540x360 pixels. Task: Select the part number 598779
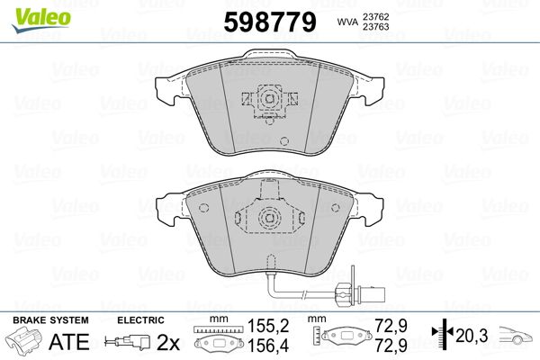(270, 22)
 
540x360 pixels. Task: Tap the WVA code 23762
(375, 16)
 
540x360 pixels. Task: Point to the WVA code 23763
(375, 27)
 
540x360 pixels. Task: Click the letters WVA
(347, 22)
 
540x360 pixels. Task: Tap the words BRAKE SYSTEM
(50, 320)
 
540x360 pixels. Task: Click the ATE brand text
(69, 341)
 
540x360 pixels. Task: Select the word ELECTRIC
(140, 320)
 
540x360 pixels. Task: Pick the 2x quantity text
(168, 342)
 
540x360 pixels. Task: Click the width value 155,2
(268, 326)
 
